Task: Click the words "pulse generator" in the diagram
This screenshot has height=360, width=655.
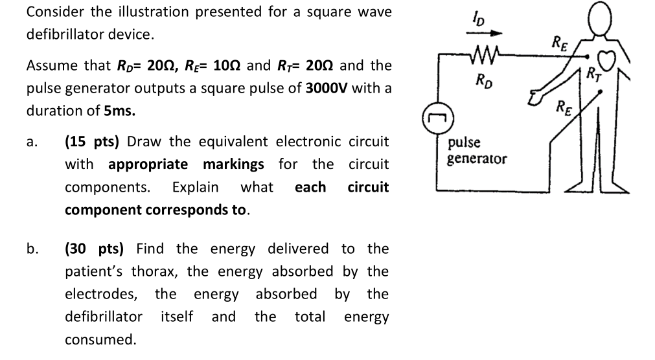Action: [477, 150]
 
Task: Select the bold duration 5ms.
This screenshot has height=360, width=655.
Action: [120, 111]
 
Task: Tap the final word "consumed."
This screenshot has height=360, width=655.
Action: [100, 339]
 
